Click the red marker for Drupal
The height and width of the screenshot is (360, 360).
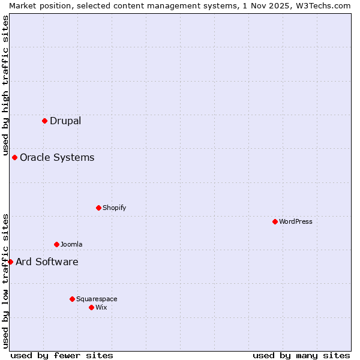point(45,121)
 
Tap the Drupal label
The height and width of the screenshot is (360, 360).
point(65,121)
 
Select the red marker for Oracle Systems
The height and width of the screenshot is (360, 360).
point(15,157)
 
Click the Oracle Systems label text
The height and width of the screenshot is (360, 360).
point(57,157)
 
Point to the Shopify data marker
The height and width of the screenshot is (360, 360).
point(99,208)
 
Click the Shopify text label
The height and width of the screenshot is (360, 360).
point(114,208)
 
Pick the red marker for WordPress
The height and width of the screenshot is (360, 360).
point(275,221)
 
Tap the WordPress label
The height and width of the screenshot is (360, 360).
point(296,221)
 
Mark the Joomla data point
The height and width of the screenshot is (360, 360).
point(57,244)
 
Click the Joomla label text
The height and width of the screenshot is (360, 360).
point(71,244)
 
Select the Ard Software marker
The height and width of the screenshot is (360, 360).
point(10,262)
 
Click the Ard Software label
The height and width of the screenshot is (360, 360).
point(47,262)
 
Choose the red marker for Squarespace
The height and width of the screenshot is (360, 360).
point(73,299)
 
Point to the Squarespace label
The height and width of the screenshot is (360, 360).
point(97,299)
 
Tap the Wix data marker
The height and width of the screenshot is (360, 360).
point(92,307)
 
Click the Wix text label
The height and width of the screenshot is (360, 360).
point(101,307)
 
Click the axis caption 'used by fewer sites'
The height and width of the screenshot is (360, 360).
point(62,355)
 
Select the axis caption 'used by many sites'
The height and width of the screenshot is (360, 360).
point(301,355)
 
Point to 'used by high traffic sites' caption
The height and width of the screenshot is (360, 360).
point(5,84)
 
